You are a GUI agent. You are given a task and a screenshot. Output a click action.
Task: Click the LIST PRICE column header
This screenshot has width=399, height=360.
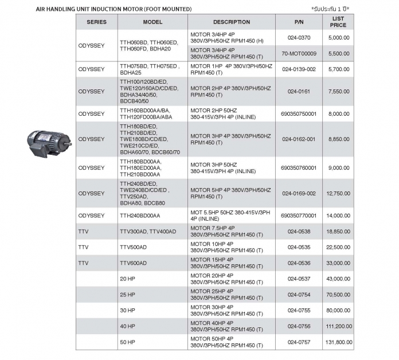coord(338,22)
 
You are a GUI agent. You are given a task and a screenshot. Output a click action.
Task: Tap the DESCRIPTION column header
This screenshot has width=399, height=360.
coord(231,22)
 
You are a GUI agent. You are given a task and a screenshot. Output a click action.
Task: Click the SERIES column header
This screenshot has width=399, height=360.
coord(96,22)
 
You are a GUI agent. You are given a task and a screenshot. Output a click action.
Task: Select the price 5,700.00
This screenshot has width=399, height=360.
coord(338,69)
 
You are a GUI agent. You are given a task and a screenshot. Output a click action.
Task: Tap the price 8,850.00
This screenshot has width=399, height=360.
coord(338,139)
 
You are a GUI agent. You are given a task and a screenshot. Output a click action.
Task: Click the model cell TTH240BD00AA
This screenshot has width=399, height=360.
coord(140,216)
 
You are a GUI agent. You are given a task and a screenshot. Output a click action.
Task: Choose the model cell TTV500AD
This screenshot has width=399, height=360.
coord(133,247)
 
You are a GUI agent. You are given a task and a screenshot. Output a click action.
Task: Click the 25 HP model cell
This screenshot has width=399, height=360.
coord(127,295)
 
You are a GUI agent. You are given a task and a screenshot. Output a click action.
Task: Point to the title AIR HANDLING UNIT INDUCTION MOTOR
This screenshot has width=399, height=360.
coord(114,9)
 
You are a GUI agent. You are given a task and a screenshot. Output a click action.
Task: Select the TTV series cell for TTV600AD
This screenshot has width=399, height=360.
coord(84,263)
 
